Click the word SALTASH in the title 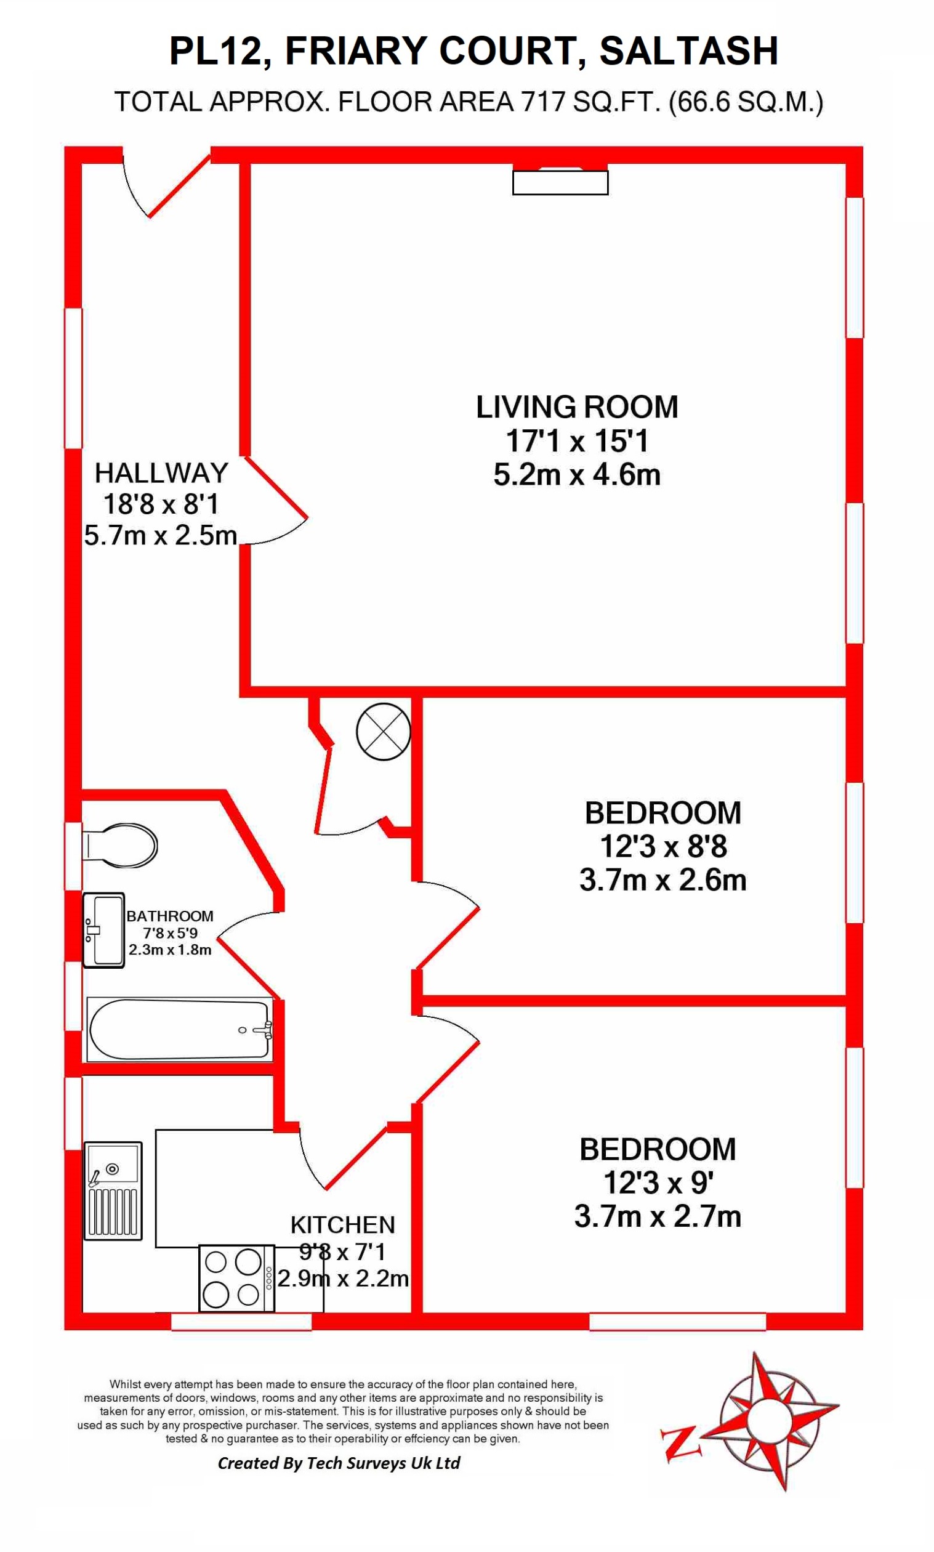(x=688, y=51)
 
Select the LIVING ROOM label (x=576, y=407)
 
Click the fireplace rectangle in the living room (x=560, y=182)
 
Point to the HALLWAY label (x=161, y=472)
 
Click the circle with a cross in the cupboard (x=384, y=731)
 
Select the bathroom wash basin (x=104, y=929)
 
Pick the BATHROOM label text (x=170, y=916)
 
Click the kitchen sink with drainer (x=113, y=1190)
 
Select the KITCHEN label (x=342, y=1225)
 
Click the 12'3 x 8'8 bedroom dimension (x=662, y=846)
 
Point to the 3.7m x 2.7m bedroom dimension (x=657, y=1216)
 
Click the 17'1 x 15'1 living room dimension (x=576, y=440)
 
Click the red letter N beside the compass (x=680, y=1442)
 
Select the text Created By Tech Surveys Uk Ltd (x=339, y=1463)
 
